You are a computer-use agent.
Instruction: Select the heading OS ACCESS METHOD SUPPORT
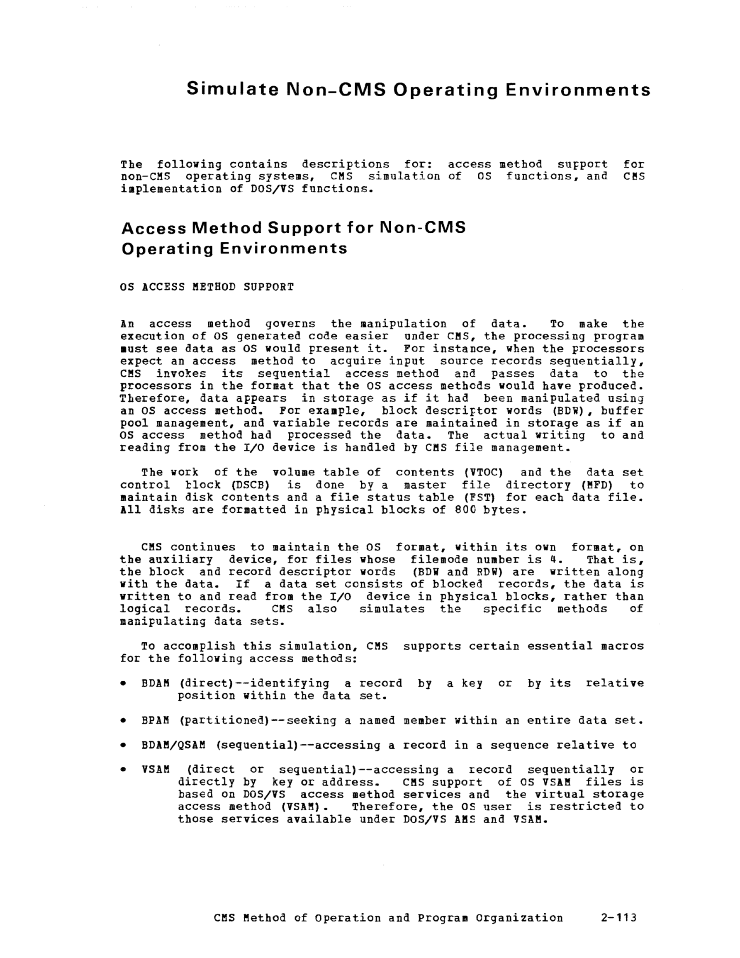coord(207,287)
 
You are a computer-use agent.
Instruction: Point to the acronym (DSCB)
coord(249,485)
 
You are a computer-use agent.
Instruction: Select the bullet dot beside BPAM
coord(124,721)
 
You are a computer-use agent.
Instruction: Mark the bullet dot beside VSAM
coord(124,770)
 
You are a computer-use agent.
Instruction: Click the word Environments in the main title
coord(578,90)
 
